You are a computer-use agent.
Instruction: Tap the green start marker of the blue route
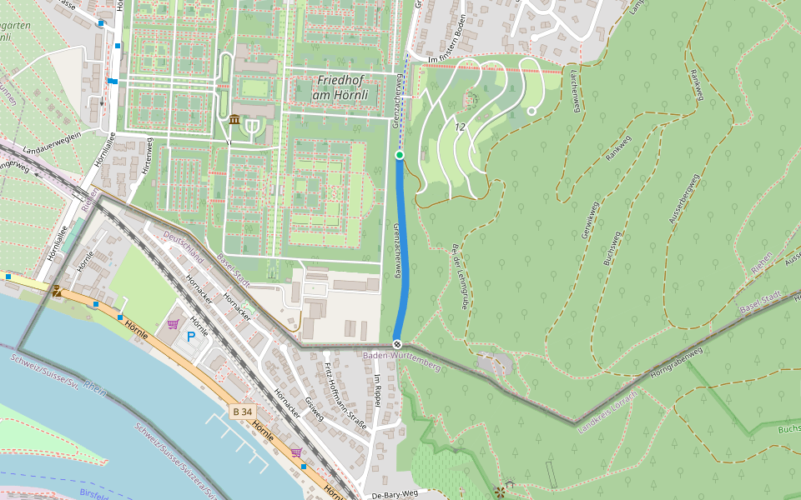400,155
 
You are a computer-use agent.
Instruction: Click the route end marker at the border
398,344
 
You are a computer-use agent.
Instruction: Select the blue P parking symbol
191,336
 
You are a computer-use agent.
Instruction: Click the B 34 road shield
242,412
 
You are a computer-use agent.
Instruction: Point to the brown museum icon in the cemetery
234,121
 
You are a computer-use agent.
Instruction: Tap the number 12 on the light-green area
460,127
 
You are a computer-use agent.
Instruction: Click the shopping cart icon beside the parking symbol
173,323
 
